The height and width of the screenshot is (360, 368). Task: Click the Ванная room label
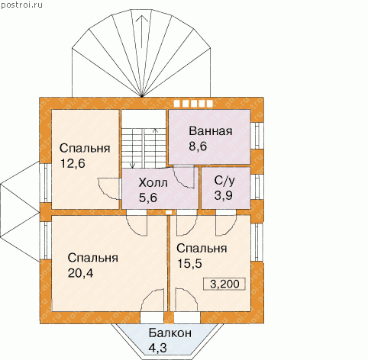[211, 131]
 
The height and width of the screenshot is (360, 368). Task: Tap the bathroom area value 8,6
[198, 146]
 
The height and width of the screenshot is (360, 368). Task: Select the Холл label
[153, 183]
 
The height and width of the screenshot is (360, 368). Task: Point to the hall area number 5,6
[148, 198]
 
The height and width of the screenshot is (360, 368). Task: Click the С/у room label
[224, 181]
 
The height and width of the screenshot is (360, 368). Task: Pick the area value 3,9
[223, 195]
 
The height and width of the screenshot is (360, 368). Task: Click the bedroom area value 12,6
[73, 163]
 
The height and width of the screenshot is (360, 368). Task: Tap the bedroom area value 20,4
[80, 273]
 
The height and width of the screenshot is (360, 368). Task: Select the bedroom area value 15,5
[189, 264]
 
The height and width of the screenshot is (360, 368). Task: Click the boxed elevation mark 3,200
[224, 284]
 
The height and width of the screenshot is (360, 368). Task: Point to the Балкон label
[170, 333]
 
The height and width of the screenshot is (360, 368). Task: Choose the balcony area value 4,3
[157, 348]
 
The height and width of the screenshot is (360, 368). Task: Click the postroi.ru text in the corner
[21, 5]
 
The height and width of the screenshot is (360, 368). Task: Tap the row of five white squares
[193, 103]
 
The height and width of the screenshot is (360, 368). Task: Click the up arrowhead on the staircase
[155, 131]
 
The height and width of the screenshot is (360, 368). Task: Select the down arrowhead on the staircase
[132, 166]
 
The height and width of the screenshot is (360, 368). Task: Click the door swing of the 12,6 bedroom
[108, 188]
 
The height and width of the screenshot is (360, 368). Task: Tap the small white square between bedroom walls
[169, 212]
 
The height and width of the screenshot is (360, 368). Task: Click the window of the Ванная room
[257, 136]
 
